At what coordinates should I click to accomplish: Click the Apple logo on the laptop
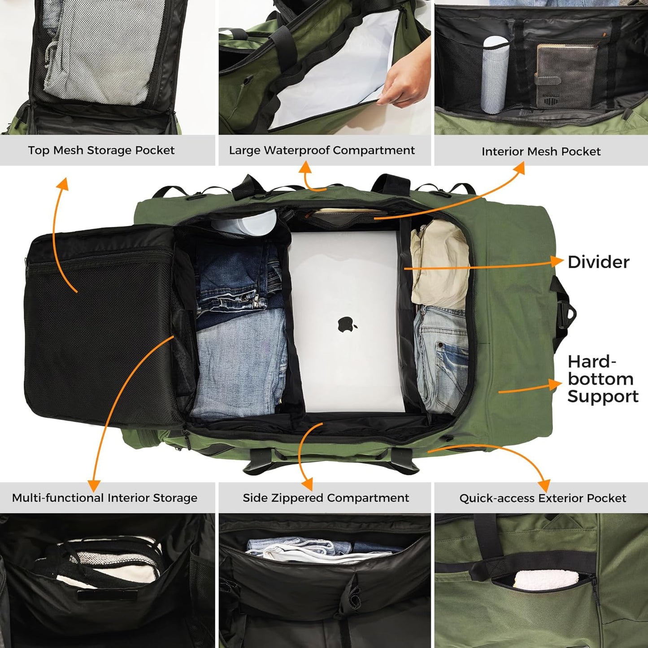[x=347, y=324]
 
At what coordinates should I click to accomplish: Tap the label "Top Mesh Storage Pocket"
[x=101, y=150]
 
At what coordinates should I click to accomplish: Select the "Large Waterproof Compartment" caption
[x=322, y=150]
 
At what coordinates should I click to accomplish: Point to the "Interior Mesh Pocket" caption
[x=541, y=152]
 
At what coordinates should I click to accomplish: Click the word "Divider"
[x=598, y=262]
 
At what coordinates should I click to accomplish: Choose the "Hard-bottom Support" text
[x=602, y=379]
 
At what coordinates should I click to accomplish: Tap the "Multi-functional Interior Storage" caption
[x=104, y=498]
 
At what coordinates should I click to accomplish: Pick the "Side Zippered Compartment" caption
[x=326, y=498]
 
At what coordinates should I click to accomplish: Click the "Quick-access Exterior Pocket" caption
[x=543, y=498]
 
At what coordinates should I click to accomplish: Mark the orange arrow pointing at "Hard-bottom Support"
[x=554, y=384]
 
